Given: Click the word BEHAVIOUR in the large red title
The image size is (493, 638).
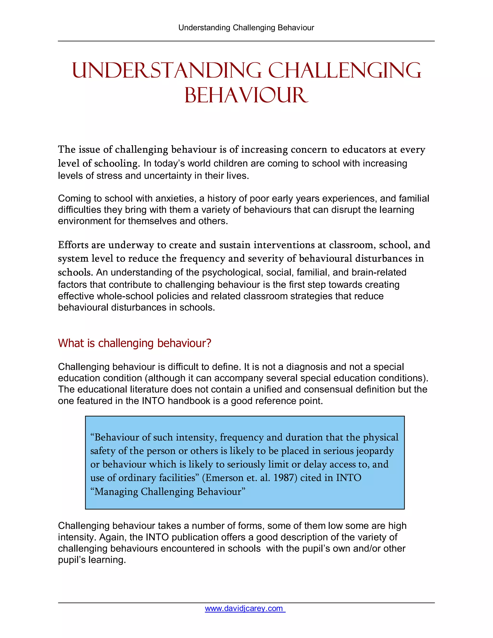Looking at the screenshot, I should (x=246, y=96).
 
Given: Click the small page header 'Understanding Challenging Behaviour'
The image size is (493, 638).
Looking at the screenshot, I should (x=246, y=28).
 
